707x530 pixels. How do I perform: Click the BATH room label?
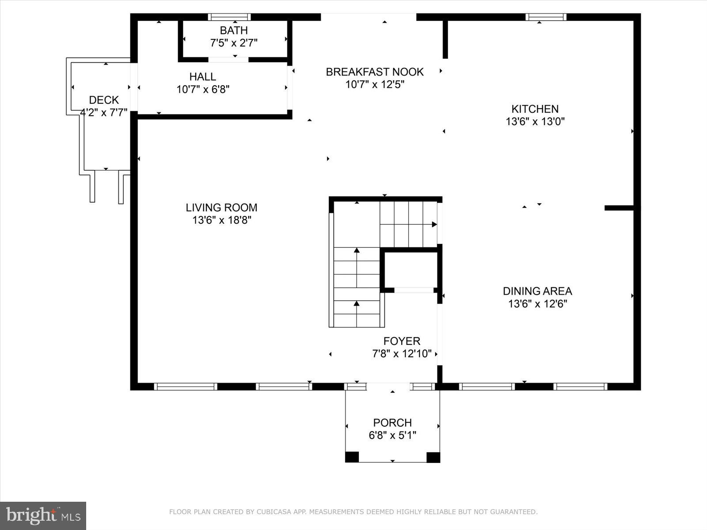pyautogui.click(x=233, y=30)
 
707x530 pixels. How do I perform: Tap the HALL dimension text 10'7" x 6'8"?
pyautogui.click(x=203, y=89)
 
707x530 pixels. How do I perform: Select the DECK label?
pyautogui.click(x=104, y=100)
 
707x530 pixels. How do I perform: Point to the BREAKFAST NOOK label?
pyautogui.click(x=375, y=72)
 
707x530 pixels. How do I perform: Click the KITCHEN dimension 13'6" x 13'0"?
pyautogui.click(x=535, y=121)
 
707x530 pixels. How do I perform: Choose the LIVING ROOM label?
pyautogui.click(x=222, y=208)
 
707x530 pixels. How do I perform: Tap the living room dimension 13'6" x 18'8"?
pyautogui.click(x=222, y=220)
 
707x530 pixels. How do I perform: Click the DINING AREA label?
pyautogui.click(x=537, y=291)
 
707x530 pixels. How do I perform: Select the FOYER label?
pyautogui.click(x=402, y=341)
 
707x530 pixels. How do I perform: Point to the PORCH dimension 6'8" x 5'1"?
pyautogui.click(x=392, y=435)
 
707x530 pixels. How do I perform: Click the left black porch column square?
pyautogui.click(x=352, y=457)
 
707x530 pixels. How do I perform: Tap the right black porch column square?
pyautogui.click(x=433, y=457)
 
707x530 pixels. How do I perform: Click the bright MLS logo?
pyautogui.click(x=43, y=516)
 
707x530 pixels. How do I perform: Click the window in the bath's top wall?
pyautogui.click(x=229, y=17)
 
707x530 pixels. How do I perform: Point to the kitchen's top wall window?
pyautogui.click(x=546, y=17)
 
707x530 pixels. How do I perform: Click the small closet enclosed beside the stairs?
pyautogui.click(x=411, y=270)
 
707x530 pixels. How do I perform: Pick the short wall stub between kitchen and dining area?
pyautogui.click(x=619, y=208)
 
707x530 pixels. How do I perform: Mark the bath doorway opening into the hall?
pyautogui.click(x=228, y=60)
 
